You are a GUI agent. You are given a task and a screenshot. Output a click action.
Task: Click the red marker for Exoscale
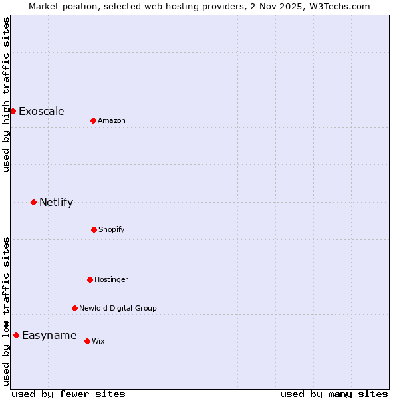(x=13, y=111)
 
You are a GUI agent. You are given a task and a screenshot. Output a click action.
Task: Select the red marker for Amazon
(x=93, y=120)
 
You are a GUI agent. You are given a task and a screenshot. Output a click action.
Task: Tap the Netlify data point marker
(x=33, y=202)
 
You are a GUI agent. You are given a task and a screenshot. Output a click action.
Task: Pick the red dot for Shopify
(x=94, y=229)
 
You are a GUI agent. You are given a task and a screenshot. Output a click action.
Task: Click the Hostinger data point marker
(x=90, y=279)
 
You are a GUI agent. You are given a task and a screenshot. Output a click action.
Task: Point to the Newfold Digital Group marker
(x=74, y=308)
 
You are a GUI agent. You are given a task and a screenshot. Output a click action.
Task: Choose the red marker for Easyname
(x=16, y=335)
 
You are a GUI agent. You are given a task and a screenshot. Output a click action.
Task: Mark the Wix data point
(x=87, y=341)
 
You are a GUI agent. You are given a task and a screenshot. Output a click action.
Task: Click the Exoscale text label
(x=41, y=111)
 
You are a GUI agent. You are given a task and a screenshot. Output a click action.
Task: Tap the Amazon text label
(x=112, y=120)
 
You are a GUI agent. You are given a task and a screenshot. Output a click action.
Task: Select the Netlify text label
(x=56, y=202)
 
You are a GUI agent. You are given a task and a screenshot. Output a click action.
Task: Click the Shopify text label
(x=112, y=229)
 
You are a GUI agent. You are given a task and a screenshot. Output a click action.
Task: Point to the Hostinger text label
(x=111, y=279)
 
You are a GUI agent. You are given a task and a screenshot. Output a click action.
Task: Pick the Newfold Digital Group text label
(x=118, y=308)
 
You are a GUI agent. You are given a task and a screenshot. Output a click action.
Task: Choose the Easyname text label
(x=49, y=335)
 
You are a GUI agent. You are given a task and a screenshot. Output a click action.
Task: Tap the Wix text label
(x=98, y=341)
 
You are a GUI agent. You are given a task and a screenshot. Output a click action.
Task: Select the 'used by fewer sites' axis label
(x=68, y=394)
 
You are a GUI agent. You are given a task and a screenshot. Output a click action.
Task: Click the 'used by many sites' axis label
(x=334, y=394)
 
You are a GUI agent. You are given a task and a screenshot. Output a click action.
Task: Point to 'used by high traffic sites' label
(x=6, y=94)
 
